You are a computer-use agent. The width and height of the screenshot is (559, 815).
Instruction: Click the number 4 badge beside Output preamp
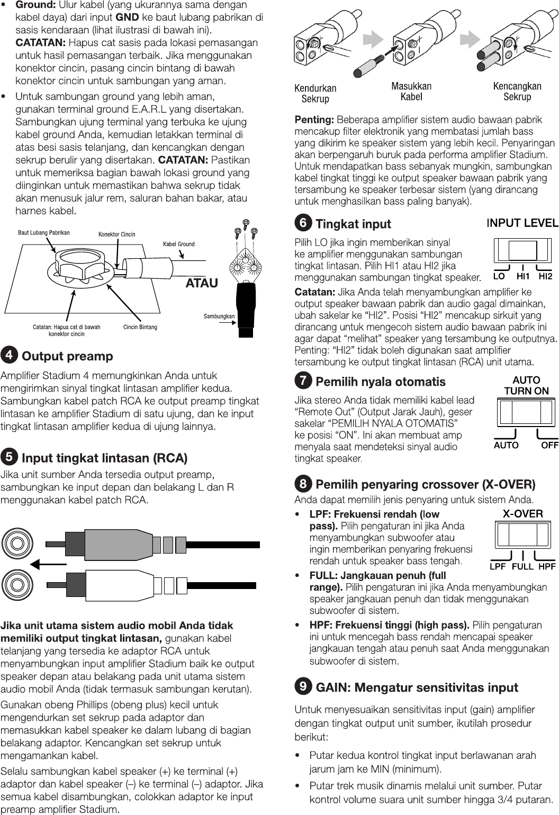click(x=9, y=355)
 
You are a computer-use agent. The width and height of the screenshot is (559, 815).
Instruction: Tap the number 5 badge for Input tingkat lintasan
click(x=9, y=456)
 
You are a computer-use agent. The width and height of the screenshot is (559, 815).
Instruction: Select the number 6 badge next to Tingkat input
click(x=303, y=223)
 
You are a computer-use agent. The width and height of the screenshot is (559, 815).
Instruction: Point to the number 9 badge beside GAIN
click(x=303, y=686)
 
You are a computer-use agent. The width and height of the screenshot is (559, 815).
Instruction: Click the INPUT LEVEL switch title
click(x=522, y=223)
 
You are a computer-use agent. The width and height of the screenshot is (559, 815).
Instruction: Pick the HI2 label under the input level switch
click(x=545, y=276)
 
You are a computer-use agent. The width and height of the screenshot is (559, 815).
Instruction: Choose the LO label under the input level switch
click(x=499, y=276)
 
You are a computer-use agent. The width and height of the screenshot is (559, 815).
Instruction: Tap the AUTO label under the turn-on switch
click(x=506, y=445)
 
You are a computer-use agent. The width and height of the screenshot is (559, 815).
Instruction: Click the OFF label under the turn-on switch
click(x=549, y=445)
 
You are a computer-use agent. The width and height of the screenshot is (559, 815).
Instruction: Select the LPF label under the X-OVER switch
click(x=498, y=566)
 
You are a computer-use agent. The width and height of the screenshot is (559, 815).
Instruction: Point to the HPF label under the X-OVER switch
click(x=547, y=566)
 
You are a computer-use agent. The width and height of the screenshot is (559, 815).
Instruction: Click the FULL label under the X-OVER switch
click(x=522, y=566)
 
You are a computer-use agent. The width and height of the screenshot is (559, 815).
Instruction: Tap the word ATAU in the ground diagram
click(x=202, y=283)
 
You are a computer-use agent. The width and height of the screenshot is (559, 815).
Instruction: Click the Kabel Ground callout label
click(x=178, y=244)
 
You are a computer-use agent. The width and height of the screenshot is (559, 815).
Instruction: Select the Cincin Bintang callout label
click(x=140, y=327)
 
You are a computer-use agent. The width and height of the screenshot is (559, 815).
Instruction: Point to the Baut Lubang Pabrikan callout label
click(x=44, y=232)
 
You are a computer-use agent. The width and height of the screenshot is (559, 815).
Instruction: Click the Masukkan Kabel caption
click(x=411, y=92)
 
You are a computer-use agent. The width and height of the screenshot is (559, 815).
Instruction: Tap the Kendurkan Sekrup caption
click(x=315, y=94)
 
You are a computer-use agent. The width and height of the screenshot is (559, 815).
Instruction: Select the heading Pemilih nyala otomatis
click(x=380, y=382)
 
